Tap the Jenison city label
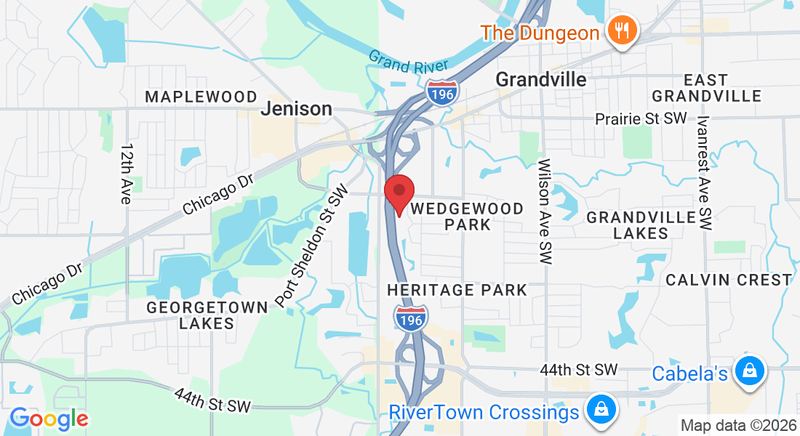(296, 109)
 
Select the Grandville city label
(541, 79)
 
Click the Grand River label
(398, 62)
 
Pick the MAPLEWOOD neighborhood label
(201, 97)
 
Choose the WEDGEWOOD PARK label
(467, 217)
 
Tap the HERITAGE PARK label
(457, 290)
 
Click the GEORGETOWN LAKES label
(207, 315)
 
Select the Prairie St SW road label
(640, 118)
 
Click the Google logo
(48, 418)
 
